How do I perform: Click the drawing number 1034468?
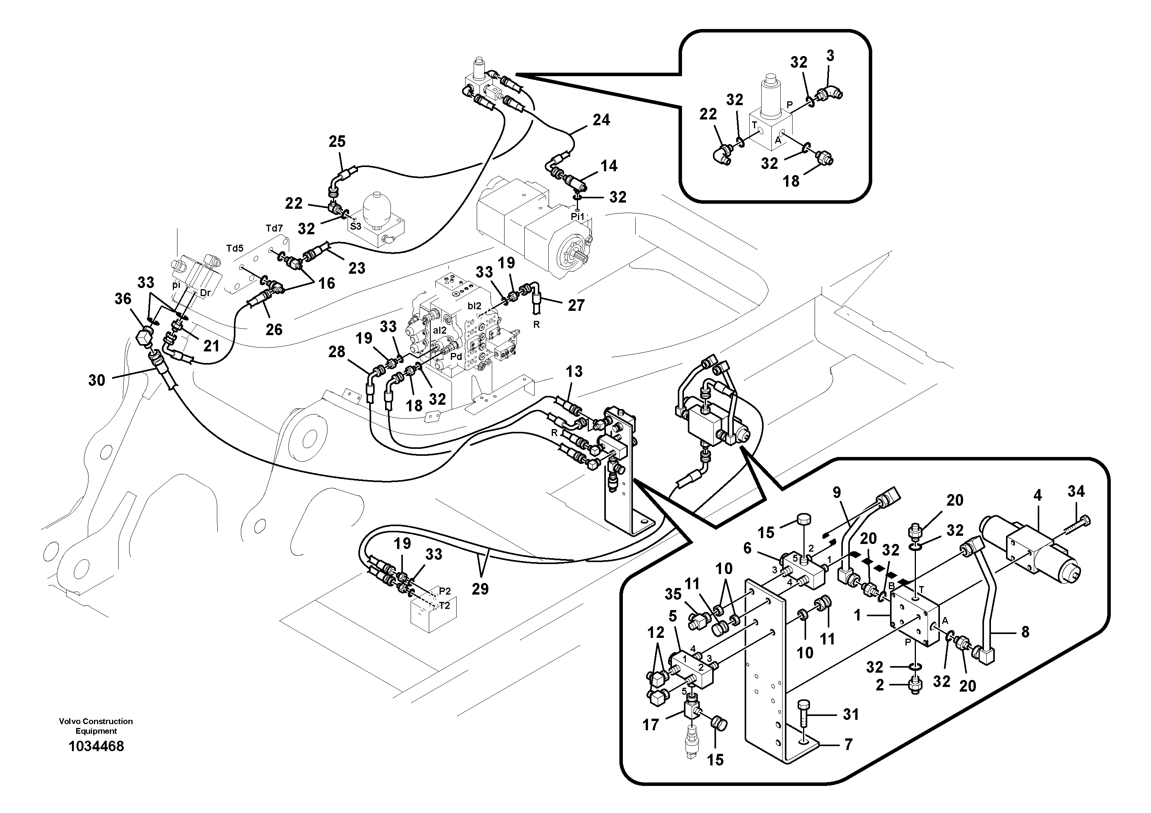pos(96,747)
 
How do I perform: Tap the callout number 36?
pos(123,299)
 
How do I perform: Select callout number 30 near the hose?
pos(97,380)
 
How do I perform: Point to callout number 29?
pos(480,588)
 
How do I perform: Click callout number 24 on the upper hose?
pos(601,120)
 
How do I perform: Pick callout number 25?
pos(337,141)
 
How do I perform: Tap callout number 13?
pos(574,372)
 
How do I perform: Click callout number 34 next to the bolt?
pos(1076,492)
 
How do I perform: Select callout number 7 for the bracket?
pos(848,745)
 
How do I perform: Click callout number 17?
pos(651,725)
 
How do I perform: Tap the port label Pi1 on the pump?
pos(578,216)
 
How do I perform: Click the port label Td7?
pos(274,228)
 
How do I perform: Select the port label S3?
pos(355,226)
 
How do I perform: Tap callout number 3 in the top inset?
pos(830,56)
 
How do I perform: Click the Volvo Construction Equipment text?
pos(96,726)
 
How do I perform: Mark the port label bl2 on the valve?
pos(474,305)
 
